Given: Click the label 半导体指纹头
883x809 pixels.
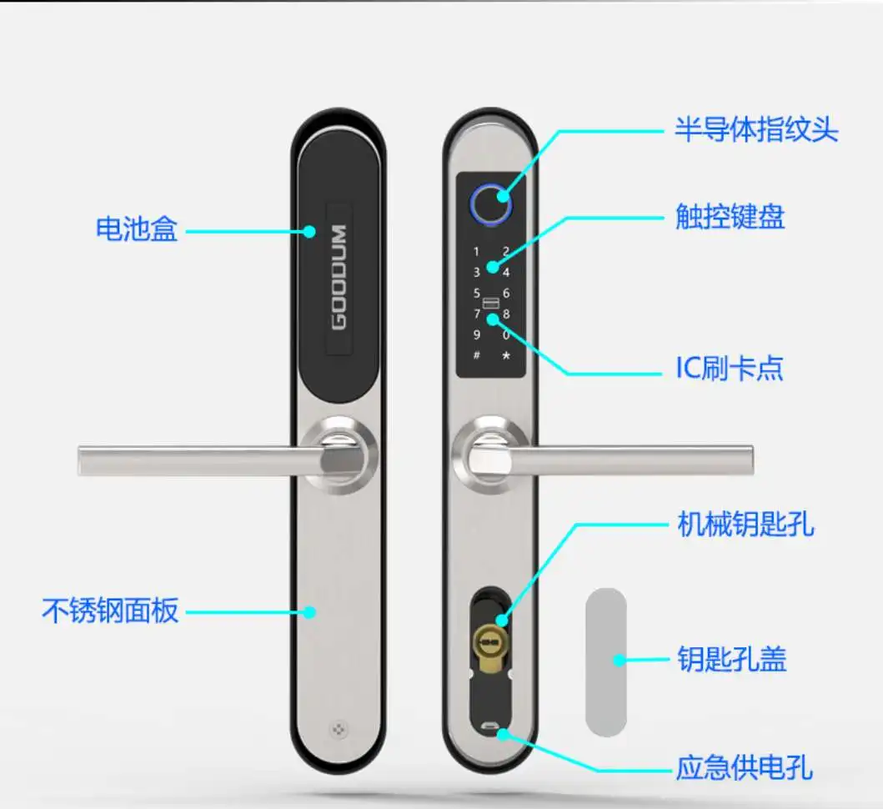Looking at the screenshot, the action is [756, 130].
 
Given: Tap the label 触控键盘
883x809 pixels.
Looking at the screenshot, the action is [730, 218].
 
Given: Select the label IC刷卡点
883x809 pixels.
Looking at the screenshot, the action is [729, 368].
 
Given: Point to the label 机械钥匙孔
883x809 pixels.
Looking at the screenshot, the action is [744, 525].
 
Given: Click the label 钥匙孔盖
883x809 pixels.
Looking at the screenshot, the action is [731, 661].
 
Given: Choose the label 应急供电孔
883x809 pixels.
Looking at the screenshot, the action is [744, 766].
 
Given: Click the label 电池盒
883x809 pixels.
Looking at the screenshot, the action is [137, 229].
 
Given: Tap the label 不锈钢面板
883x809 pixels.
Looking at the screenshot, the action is [110, 611].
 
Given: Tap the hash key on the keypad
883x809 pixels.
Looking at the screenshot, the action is [477, 356].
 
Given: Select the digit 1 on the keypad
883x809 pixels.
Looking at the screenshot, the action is [477, 251].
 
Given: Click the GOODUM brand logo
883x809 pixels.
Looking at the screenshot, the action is [339, 277].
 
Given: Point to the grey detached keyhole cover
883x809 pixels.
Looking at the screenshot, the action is [605, 661].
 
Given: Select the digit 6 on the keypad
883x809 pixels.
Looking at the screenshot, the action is [506, 294].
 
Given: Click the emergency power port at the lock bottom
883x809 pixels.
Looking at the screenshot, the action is [491, 727].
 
